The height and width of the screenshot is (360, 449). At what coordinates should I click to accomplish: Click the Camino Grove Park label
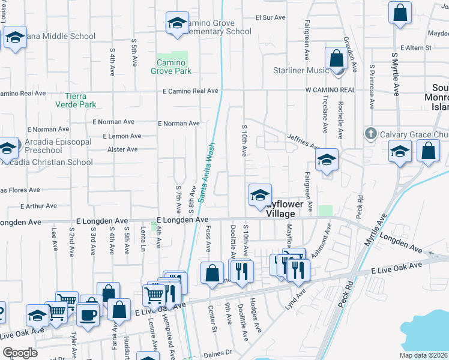click(x=174, y=67)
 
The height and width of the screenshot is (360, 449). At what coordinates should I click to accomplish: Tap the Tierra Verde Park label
click(x=80, y=100)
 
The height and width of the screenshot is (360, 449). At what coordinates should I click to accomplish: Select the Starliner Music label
click(x=301, y=71)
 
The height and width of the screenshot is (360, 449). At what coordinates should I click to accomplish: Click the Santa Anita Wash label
click(x=205, y=172)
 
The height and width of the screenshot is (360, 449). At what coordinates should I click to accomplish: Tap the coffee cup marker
click(x=88, y=314)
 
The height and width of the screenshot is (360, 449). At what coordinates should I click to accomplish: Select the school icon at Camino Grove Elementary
click(x=176, y=23)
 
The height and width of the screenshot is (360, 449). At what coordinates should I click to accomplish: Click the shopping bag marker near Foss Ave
click(x=212, y=274)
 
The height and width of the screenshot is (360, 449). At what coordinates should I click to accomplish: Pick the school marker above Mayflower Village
click(x=260, y=195)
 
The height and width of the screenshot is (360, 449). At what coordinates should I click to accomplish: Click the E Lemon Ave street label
click(x=122, y=137)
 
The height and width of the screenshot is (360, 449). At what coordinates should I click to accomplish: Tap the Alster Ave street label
click(x=122, y=149)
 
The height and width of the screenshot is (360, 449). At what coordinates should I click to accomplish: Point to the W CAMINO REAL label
click(x=330, y=89)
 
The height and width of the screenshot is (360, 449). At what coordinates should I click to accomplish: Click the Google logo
click(x=20, y=353)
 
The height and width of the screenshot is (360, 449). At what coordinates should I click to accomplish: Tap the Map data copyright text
click(x=424, y=355)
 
